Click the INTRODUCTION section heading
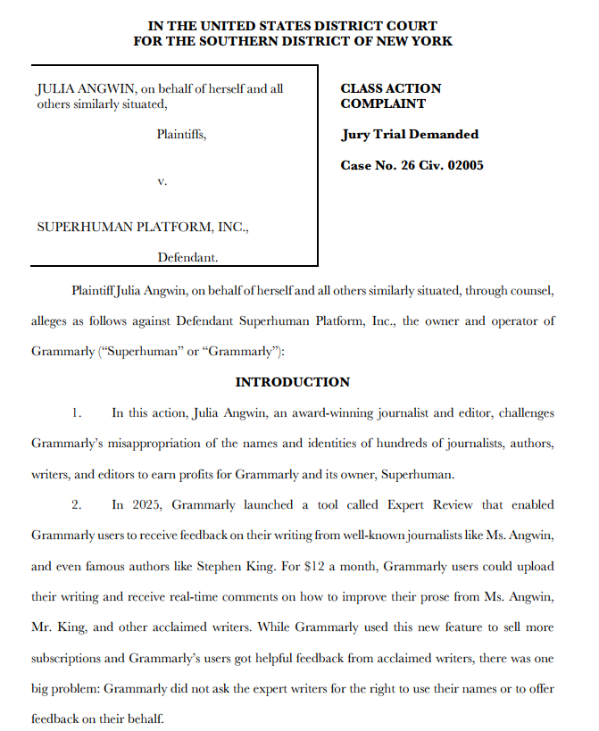[x=292, y=382]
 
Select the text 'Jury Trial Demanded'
[x=410, y=135]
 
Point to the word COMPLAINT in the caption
[x=383, y=104]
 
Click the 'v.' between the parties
[x=162, y=181]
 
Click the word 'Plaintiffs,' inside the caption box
[x=181, y=135]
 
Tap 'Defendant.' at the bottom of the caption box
[x=187, y=257]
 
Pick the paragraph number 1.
[x=77, y=412]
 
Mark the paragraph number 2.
[x=77, y=504]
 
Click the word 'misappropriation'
[x=159, y=443]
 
